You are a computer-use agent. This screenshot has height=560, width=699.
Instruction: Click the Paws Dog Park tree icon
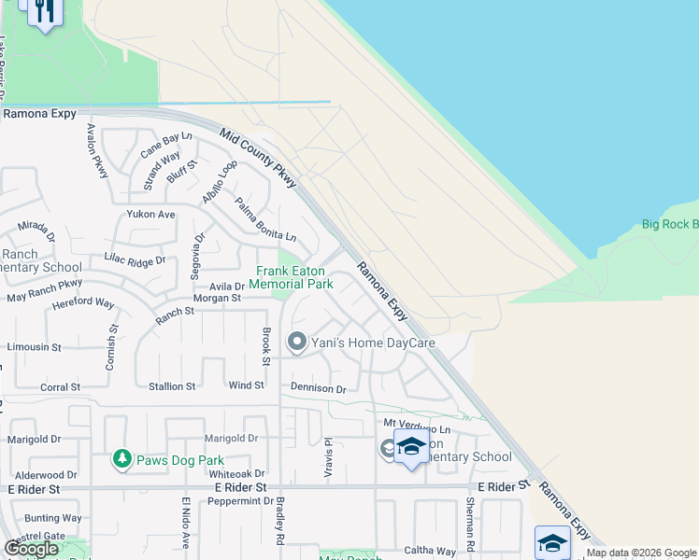tap(121, 459)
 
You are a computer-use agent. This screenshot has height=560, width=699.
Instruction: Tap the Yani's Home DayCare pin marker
tap(297, 343)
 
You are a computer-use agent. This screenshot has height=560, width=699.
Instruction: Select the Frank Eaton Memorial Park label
tap(294, 277)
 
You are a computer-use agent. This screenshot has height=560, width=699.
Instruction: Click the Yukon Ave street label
tap(151, 214)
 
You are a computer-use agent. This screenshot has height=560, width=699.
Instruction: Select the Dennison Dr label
tap(319, 388)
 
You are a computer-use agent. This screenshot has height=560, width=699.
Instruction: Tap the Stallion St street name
tap(173, 385)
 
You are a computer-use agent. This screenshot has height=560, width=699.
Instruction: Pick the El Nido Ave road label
tap(185, 523)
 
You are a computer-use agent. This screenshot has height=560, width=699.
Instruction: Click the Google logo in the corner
tap(32, 549)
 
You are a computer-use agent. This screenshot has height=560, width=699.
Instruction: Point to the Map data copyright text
tap(642, 553)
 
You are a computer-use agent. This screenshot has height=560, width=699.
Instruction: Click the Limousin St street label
tap(34, 346)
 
